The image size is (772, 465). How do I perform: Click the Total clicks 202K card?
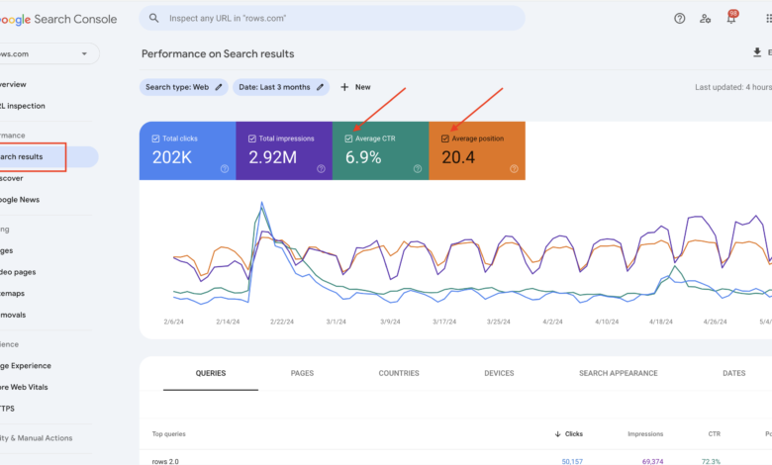click(x=187, y=150)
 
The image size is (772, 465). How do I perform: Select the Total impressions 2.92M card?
click(x=283, y=150)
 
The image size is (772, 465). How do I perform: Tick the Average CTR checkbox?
click(x=348, y=139)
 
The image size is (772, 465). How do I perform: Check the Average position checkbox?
click(x=445, y=139)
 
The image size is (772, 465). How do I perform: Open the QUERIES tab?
click(x=210, y=373)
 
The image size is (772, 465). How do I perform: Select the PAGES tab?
click(x=302, y=373)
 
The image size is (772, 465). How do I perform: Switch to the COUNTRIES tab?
click(x=399, y=373)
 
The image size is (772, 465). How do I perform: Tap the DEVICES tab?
click(x=499, y=373)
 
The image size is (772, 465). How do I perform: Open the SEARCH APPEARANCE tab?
click(x=618, y=373)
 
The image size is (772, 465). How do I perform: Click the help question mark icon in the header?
click(x=679, y=18)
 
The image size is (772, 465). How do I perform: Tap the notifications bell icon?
click(x=731, y=18)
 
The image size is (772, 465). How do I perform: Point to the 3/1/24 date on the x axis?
click(x=337, y=322)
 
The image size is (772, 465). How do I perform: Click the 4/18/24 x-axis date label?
click(x=660, y=322)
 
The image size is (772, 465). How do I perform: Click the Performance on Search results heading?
click(x=218, y=53)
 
